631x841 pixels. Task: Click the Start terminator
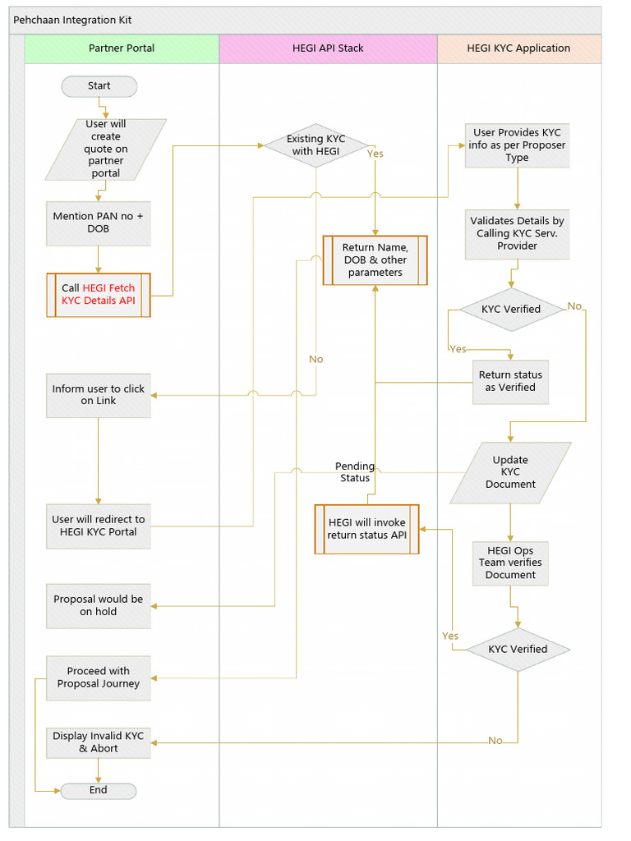pyautogui.click(x=99, y=86)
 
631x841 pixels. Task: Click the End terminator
pyautogui.click(x=99, y=790)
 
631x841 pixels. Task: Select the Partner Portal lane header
pyautogui.click(x=122, y=48)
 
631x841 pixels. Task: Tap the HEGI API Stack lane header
pyautogui.click(x=328, y=48)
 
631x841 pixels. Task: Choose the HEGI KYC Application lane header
pyautogui.click(x=518, y=48)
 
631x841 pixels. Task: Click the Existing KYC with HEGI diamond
pyautogui.click(x=315, y=146)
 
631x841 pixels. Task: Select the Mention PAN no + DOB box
pyautogui.click(x=99, y=223)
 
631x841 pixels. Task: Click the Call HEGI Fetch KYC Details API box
pyautogui.click(x=99, y=295)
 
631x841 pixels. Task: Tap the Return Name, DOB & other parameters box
pyautogui.click(x=375, y=260)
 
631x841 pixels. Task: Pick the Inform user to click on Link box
pyautogui.click(x=99, y=395)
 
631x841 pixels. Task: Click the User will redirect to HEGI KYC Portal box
pyautogui.click(x=99, y=526)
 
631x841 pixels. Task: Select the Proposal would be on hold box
pyautogui.click(x=99, y=606)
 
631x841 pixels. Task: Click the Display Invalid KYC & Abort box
pyautogui.click(x=99, y=742)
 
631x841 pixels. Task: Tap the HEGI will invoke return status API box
pyautogui.click(x=367, y=529)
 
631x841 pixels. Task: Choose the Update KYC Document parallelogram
pyautogui.click(x=510, y=472)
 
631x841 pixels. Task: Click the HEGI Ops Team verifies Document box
pyautogui.click(x=510, y=563)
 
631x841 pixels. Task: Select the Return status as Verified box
pyautogui.click(x=510, y=381)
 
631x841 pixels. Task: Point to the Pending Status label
pyautogui.click(x=355, y=472)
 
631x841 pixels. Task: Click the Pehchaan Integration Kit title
pyautogui.click(x=72, y=20)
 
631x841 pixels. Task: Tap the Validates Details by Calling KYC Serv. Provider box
pyautogui.click(x=517, y=234)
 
